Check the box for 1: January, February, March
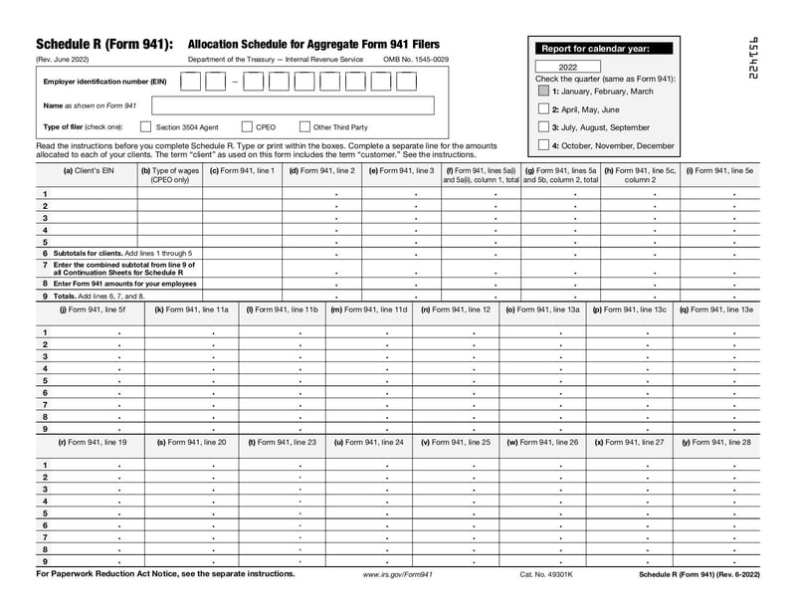(543, 91)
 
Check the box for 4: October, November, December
(543, 145)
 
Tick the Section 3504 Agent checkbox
(145, 127)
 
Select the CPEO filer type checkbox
(247, 127)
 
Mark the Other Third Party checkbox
(303, 127)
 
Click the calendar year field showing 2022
(567, 66)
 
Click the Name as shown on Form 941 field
(293, 105)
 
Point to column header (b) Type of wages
(169, 175)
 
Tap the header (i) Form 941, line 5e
(719, 170)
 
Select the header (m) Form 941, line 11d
(369, 309)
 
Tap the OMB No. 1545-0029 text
(416, 60)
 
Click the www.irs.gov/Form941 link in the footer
(397, 575)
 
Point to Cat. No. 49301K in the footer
(546, 575)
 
